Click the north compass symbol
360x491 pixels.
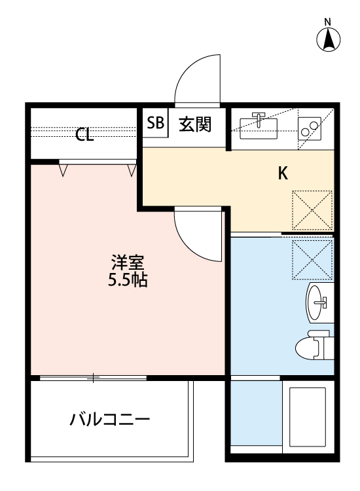point(329,41)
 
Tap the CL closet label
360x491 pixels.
point(84,136)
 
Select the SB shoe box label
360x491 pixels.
point(155,124)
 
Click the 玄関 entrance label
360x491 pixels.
point(195,124)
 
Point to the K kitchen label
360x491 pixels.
point(283,173)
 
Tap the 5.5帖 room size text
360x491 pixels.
point(127,282)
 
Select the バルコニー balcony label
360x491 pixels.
point(111,419)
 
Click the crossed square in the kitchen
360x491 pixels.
point(312,210)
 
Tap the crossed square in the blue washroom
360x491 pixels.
point(312,258)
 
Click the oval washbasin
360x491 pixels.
point(318,303)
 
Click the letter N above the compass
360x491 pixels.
point(329,22)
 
